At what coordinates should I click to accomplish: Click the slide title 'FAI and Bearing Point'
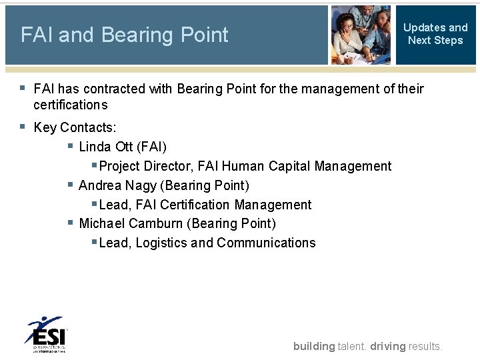125,35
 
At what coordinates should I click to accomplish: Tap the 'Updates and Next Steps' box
435,34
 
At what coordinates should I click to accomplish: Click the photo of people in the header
361,35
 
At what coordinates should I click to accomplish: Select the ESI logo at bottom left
46,334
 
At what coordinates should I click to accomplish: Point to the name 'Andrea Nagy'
117,185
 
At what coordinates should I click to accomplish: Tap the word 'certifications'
70,105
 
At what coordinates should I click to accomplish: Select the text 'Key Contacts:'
75,127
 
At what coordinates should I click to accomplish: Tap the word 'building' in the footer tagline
314,346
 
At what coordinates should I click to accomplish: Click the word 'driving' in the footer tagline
387,346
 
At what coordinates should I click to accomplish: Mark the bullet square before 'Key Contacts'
23,126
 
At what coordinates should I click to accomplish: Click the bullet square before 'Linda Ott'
70,145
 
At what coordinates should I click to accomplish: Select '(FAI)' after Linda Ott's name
151,147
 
